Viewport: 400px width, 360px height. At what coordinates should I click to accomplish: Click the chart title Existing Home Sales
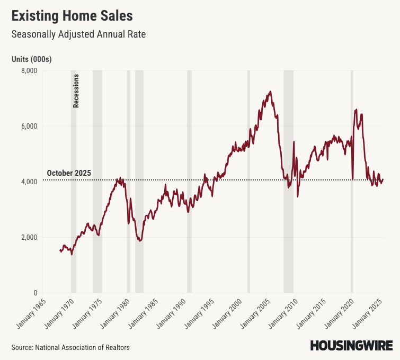pyautogui.click(x=72, y=15)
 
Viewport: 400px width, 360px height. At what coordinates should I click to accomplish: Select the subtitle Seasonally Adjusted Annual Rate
pyautogui.click(x=78, y=34)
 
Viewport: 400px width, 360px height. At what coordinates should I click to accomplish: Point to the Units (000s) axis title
pyautogui.click(x=31, y=59)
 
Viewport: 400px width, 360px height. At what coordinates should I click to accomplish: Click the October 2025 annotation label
pyautogui.click(x=69, y=173)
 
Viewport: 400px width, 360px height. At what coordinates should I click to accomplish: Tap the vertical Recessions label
pyautogui.click(x=76, y=91)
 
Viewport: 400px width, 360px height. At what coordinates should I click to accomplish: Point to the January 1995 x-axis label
pyautogui.click(x=198, y=313)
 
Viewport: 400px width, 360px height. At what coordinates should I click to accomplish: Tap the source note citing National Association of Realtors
pyautogui.click(x=70, y=347)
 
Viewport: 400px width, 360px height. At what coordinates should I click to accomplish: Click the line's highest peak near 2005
pyautogui.click(x=270, y=92)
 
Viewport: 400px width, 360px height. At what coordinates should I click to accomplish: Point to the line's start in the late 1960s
pyautogui.click(x=60, y=250)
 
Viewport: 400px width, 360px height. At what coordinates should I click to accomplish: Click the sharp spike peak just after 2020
pyautogui.click(x=355, y=110)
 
